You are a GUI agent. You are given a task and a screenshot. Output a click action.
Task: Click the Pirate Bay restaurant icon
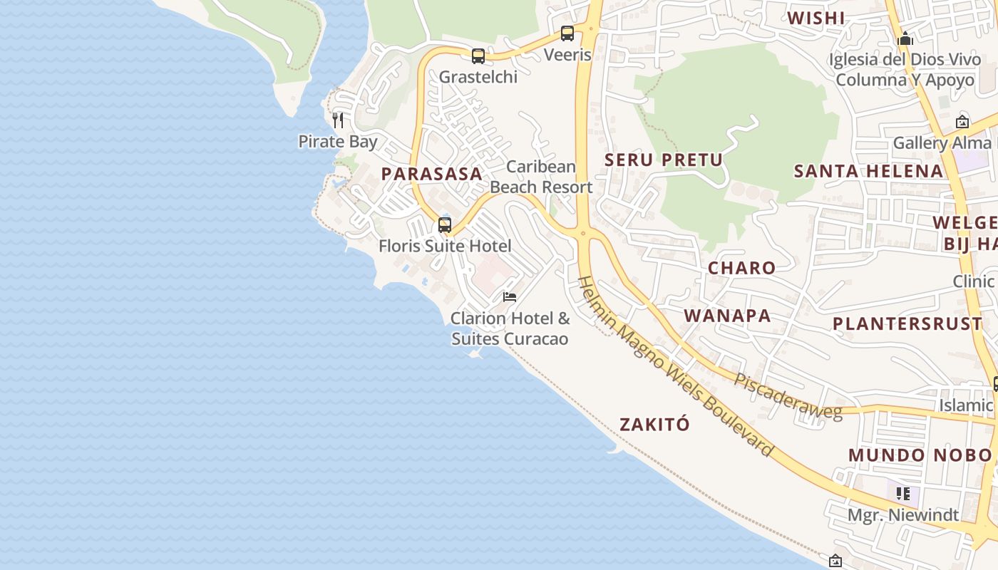pos(338,120)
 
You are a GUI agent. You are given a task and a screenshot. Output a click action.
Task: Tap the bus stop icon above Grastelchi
pos(478,56)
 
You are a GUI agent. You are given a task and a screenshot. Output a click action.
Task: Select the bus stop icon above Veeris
pos(567,33)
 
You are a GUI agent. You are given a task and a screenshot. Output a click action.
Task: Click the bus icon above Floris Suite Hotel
pos(445,225)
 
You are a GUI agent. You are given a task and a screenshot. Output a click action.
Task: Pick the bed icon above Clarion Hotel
pos(510,296)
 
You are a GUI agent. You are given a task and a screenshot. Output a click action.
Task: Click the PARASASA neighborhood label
pos(431,173)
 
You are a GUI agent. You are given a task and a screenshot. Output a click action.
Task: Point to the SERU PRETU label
pos(664,160)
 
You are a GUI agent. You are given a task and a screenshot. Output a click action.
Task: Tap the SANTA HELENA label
pos(868,171)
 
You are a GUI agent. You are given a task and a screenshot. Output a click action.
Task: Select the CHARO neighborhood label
pos(741,268)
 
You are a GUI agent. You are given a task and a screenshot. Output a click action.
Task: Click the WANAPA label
pos(727,316)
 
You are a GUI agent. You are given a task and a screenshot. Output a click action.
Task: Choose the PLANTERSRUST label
pos(907,323)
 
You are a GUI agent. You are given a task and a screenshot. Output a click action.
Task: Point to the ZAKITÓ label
pos(654,425)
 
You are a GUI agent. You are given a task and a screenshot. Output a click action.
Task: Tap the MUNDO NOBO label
pos(920,455)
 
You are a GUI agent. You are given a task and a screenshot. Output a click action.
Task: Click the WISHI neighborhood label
pos(816,19)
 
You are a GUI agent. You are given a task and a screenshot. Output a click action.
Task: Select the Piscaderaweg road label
pos(788,395)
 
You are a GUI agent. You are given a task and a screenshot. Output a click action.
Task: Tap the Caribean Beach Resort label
pos(541,177)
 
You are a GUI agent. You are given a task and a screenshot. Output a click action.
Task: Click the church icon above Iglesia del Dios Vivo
pos(905,38)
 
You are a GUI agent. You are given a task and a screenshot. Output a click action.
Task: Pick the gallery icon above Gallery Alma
pos(962,122)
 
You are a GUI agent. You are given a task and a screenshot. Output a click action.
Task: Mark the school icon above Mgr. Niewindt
pos(903,493)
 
